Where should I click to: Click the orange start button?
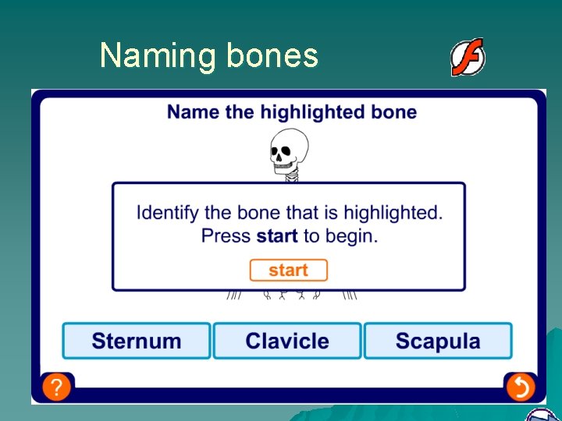pyautogui.click(x=288, y=271)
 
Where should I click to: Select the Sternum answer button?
pyautogui.click(x=137, y=341)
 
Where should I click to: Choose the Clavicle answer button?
pyautogui.click(x=287, y=341)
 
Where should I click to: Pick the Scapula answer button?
pyautogui.click(x=438, y=341)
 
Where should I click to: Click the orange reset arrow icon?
pyautogui.click(x=520, y=387)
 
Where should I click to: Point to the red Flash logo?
pyautogui.click(x=468, y=58)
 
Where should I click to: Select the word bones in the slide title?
pyautogui.click(x=272, y=56)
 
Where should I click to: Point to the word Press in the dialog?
pyautogui.click(x=226, y=235)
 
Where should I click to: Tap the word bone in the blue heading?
pyautogui.click(x=394, y=112)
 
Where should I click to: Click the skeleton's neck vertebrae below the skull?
pyautogui.click(x=291, y=177)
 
